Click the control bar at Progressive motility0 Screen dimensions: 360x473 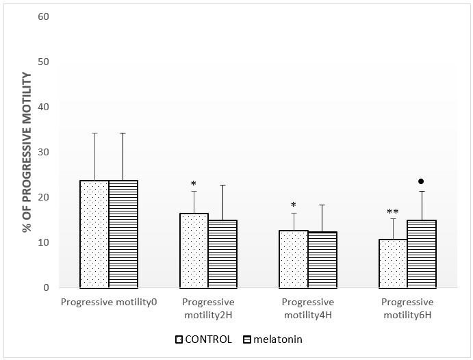pos(94,234)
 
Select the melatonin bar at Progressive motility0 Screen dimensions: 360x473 pos(123,234)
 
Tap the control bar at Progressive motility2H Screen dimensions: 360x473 pos(194,250)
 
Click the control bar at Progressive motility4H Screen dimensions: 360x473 pos(294,259)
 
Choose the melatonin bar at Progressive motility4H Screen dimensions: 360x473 pos(322,260)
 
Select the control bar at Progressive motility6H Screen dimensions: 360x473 pos(393,263)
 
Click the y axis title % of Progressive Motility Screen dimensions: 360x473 pos(27,152)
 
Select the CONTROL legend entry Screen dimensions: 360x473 pos(205,339)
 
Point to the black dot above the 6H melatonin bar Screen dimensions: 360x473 pos(422,181)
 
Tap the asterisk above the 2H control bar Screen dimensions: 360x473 pos(194,184)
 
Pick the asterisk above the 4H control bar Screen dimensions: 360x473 pos(294,205)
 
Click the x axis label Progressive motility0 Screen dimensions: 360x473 pos(110,303)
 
